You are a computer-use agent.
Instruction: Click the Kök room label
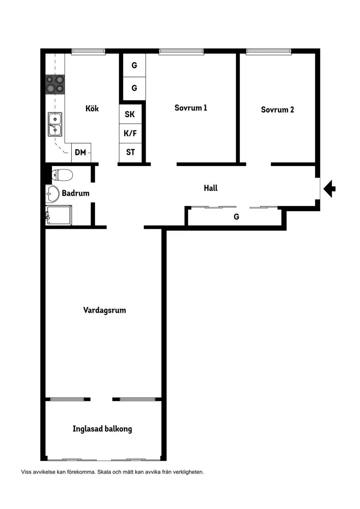point(92,108)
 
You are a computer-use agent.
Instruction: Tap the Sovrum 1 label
point(191,108)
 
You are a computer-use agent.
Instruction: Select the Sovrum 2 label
point(277,110)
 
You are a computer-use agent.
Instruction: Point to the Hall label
point(211,188)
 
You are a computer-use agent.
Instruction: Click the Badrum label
point(76,193)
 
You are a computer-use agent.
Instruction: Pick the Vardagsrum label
point(104,310)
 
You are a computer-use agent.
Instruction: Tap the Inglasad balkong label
point(102,429)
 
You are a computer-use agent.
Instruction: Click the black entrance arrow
point(329,189)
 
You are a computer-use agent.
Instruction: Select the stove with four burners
point(55,84)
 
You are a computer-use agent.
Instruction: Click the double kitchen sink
point(55,124)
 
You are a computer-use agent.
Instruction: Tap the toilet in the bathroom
point(62,175)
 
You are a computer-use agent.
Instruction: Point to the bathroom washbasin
point(52,194)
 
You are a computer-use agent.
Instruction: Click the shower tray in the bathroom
point(59,215)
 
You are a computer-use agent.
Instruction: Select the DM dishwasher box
point(81,153)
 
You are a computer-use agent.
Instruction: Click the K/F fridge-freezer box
point(130,133)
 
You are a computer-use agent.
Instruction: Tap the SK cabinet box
point(130,114)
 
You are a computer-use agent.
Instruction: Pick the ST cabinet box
point(130,153)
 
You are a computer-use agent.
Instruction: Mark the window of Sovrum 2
point(269,52)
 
